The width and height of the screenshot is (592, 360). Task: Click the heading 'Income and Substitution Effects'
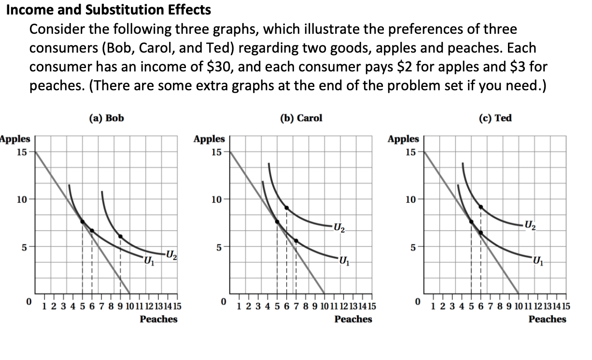click(108, 10)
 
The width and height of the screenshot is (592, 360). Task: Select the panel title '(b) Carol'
click(301, 118)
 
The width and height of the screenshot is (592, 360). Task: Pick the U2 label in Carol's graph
click(339, 227)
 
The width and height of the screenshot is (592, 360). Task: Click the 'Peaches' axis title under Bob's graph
click(158, 319)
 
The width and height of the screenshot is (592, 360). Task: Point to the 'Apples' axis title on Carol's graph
click(209, 139)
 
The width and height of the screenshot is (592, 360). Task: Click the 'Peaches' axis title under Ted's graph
click(547, 319)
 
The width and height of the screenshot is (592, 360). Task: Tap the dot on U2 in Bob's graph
click(120, 236)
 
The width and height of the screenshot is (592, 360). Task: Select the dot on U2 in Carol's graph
click(286, 208)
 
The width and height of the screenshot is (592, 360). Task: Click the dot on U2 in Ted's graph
click(481, 207)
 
